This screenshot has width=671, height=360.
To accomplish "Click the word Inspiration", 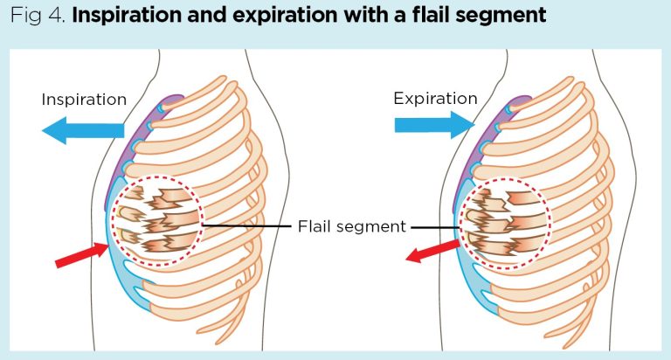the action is (84, 100).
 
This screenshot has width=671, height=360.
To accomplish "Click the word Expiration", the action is (435, 99).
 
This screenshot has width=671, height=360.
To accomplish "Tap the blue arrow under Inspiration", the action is (83, 130).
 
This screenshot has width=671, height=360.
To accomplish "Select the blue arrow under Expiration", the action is (434, 125).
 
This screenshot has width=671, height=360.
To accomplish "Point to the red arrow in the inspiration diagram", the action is (82, 255).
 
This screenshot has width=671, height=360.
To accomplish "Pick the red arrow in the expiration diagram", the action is (432, 252).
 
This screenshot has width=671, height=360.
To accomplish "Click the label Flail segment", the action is (351, 226).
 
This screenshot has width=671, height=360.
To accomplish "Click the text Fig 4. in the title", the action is (38, 16).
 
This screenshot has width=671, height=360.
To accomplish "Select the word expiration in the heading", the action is (286, 17).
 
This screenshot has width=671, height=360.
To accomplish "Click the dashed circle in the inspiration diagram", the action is (112, 220).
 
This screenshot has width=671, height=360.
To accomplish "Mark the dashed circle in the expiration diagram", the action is (460, 223).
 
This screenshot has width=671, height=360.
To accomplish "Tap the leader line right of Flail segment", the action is (435, 228).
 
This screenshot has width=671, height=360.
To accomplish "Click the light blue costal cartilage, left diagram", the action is (118, 266).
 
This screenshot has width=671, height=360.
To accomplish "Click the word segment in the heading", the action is (501, 17).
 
